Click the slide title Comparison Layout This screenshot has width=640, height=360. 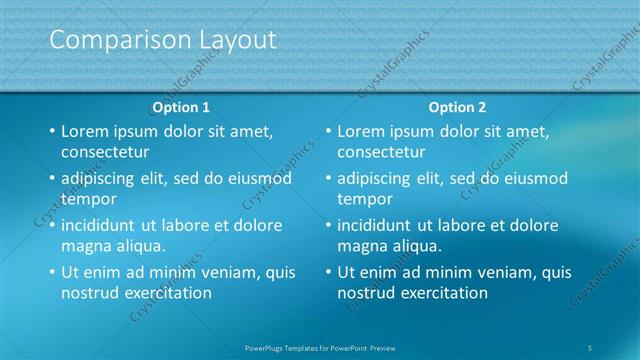[x=163, y=40]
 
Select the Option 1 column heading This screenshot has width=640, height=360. [x=181, y=107]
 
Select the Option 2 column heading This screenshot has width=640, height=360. [x=457, y=107]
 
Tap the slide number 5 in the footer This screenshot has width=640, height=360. [x=591, y=347]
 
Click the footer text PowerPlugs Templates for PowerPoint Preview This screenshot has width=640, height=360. [x=320, y=347]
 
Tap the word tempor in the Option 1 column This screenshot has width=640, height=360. [x=88, y=199]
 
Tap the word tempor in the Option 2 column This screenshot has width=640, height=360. [x=364, y=199]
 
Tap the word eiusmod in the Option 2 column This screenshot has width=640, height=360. [x=532, y=179]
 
